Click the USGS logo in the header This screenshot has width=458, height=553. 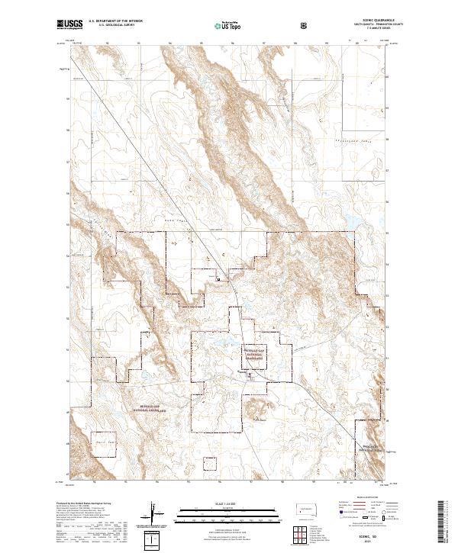tap(70, 25)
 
